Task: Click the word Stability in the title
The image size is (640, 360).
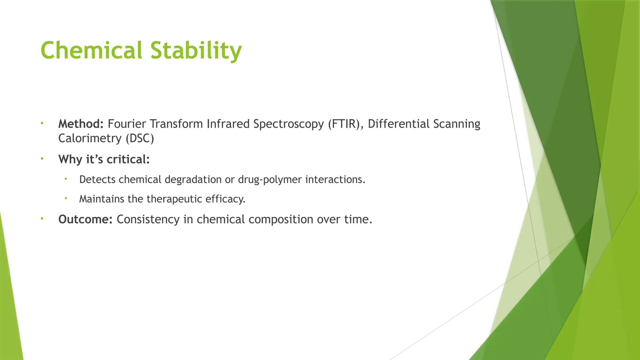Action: point(196,50)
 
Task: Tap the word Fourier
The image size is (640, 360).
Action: point(127,124)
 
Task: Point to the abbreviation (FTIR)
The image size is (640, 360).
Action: point(346,124)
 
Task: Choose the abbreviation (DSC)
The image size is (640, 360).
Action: point(140,138)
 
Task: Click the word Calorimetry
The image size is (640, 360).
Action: point(90,138)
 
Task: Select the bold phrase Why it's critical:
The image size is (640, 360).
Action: point(104,159)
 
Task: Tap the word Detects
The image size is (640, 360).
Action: point(97,180)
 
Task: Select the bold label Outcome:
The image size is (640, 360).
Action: point(85,219)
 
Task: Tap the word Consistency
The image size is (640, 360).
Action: point(148,219)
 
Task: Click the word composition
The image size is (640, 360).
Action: point(281,220)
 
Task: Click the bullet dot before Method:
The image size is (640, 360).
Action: point(42,123)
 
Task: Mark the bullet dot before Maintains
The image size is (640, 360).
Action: point(66,198)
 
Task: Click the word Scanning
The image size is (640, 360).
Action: point(457,124)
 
